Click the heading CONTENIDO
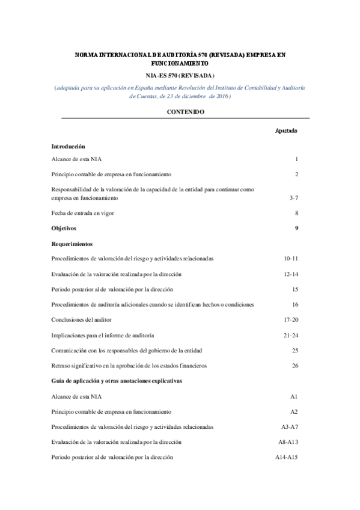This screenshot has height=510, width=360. (x=180, y=112)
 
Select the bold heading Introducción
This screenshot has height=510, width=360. (x=68, y=146)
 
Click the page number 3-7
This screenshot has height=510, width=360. (x=293, y=197)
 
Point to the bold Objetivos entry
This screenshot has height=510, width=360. (x=64, y=228)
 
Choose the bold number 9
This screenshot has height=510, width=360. (x=296, y=228)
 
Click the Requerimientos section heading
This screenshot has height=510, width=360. (x=72, y=244)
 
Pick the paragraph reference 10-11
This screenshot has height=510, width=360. (x=291, y=259)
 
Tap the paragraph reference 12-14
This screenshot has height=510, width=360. (x=291, y=274)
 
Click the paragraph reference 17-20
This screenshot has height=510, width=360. (x=291, y=319)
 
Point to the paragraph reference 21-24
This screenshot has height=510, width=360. (x=291, y=335)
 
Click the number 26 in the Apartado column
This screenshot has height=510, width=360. (x=294, y=365)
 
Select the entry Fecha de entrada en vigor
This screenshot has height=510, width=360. (x=82, y=212)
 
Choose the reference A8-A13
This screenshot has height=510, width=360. (x=288, y=442)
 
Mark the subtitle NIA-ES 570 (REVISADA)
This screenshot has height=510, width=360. (x=180, y=76)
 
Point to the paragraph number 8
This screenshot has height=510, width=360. (x=296, y=212)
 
